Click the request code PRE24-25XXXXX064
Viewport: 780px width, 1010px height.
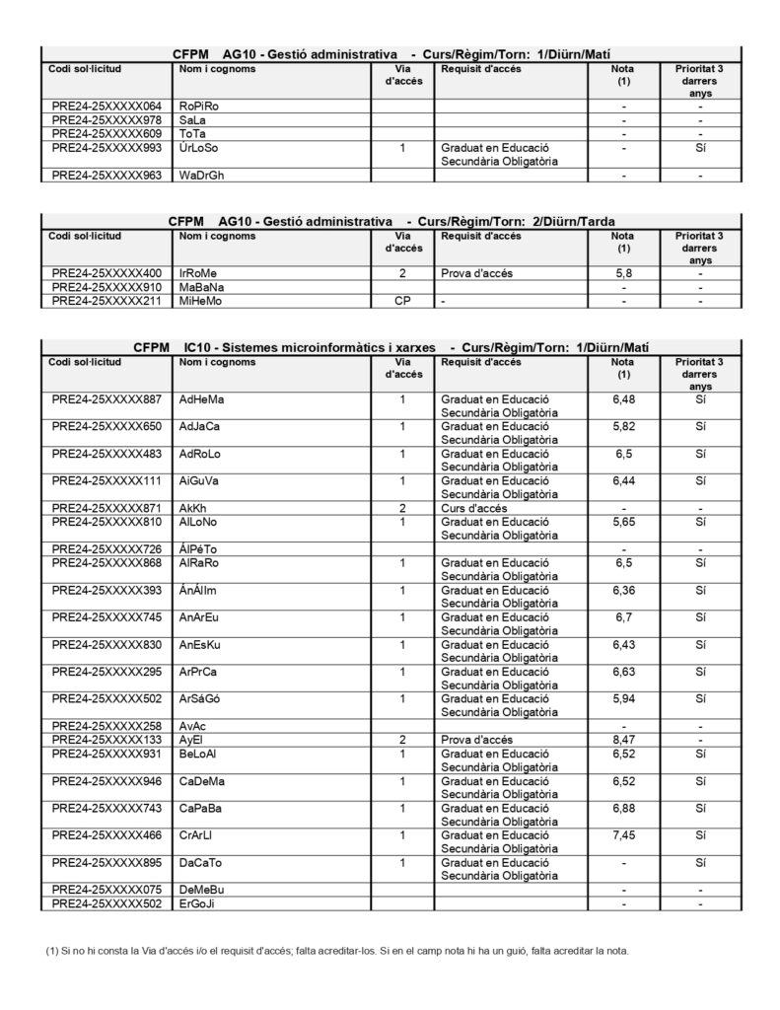(x=106, y=106)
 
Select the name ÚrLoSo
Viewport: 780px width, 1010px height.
(x=198, y=147)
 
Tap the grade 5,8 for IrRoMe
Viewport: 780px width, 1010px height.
(x=622, y=272)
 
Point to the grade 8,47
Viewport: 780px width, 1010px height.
(x=622, y=737)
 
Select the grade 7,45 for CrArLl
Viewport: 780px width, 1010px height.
(x=622, y=833)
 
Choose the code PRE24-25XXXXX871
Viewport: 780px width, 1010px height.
(x=106, y=507)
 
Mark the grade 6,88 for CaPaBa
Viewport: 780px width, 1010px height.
(x=622, y=807)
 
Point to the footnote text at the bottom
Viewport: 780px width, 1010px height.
(x=336, y=951)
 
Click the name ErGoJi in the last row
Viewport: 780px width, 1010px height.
(x=197, y=903)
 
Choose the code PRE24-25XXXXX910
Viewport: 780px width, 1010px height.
(x=106, y=286)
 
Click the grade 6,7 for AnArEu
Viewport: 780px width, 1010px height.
(x=622, y=616)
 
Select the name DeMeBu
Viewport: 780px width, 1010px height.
(x=200, y=890)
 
